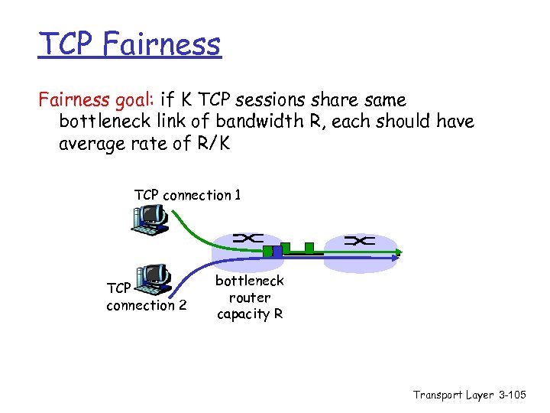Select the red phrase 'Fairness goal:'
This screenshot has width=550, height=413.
97,100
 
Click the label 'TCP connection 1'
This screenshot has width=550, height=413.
187,195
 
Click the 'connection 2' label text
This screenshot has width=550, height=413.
146,305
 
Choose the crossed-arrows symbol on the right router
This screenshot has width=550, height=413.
359,241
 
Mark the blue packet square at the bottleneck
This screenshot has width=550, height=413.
283,249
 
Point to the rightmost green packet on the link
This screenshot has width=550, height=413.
309,247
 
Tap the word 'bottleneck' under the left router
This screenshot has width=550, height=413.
250,281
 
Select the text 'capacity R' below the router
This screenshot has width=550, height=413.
250,314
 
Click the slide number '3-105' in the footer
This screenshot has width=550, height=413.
513,395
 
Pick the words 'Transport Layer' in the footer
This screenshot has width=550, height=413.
451,395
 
